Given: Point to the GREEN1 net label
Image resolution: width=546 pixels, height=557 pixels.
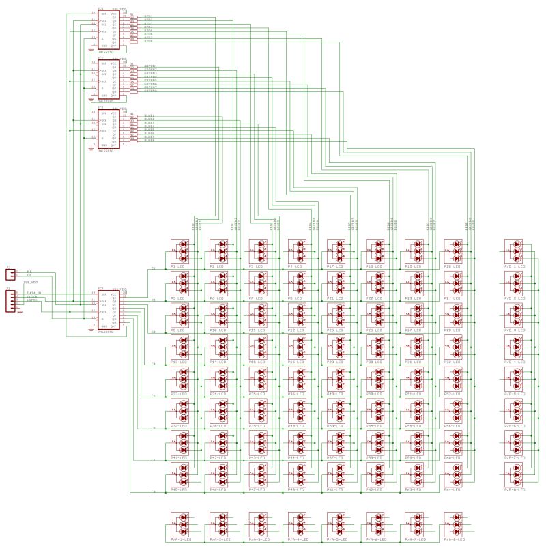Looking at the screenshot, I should [150, 66].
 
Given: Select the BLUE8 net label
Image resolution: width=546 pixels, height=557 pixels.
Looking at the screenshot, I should [149, 141].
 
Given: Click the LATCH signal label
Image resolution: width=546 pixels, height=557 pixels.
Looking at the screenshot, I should [32, 301].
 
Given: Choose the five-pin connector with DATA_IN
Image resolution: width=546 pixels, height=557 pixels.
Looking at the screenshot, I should [10, 301].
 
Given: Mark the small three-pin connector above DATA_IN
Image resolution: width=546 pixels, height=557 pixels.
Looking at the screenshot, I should [10, 274].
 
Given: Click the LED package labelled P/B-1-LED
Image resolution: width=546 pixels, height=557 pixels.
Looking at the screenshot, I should [515, 251].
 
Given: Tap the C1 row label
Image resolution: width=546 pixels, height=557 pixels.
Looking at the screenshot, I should [153, 268].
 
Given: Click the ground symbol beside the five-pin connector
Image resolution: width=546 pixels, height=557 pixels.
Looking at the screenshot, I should [21, 312].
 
